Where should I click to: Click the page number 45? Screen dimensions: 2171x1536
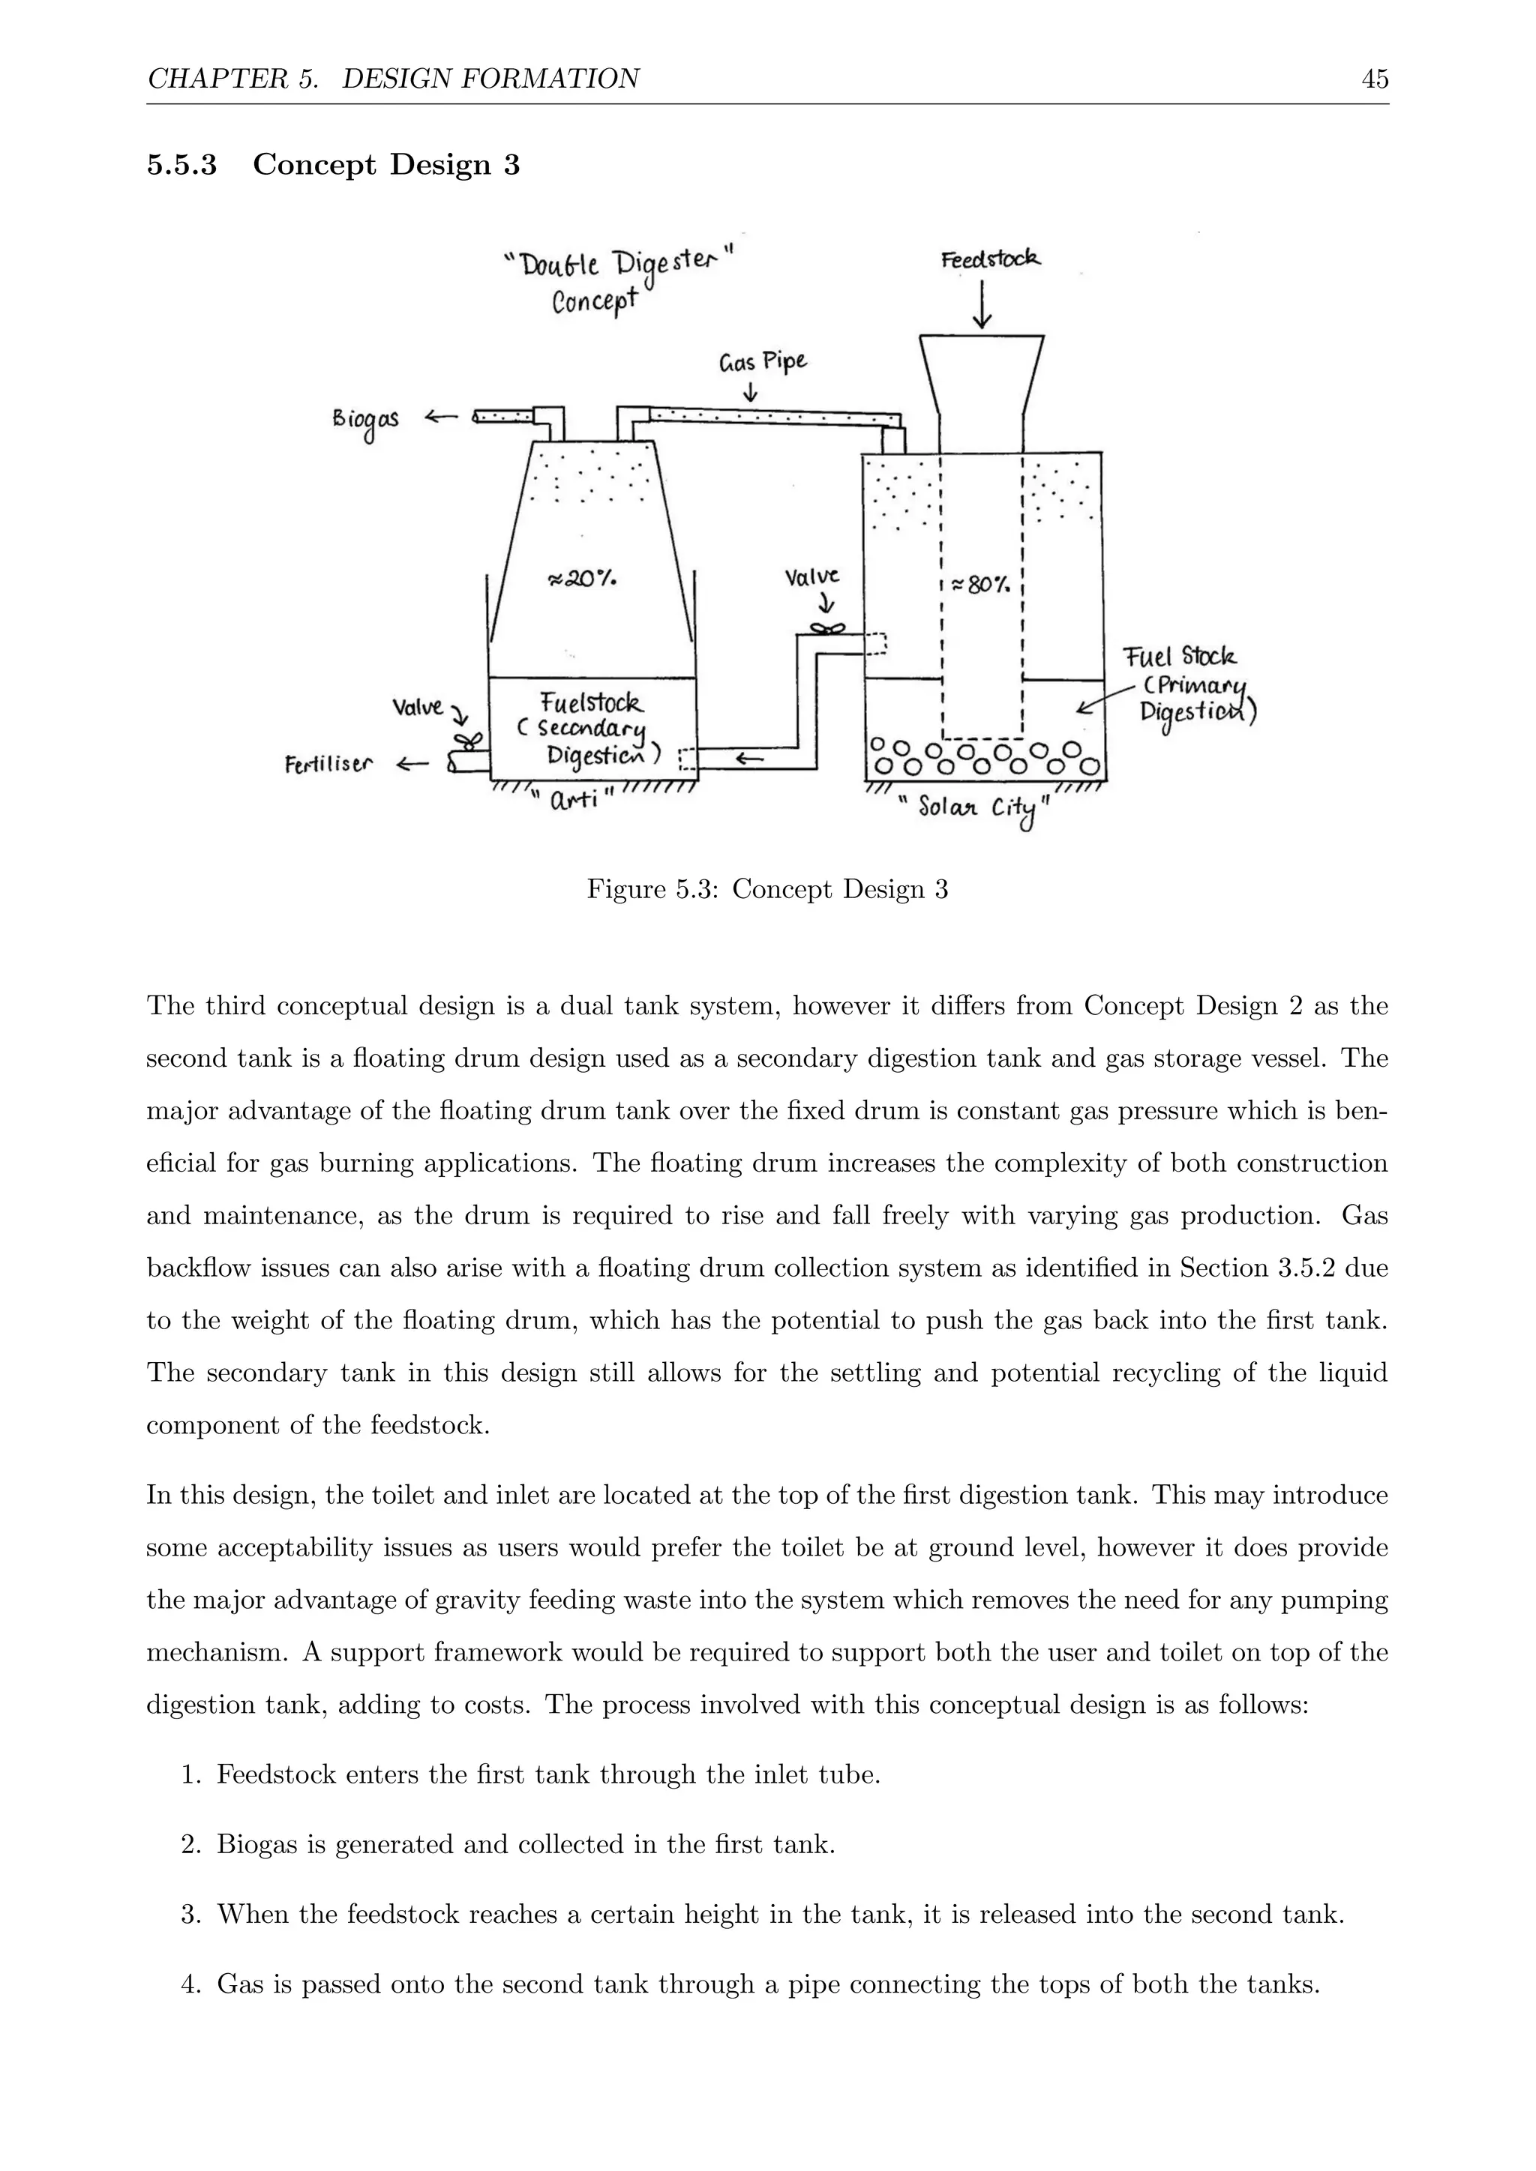pyautogui.click(x=1374, y=79)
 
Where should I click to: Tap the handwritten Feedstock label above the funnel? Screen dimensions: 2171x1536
pyautogui.click(x=990, y=258)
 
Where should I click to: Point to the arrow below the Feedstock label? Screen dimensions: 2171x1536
pyautogui.click(x=982, y=304)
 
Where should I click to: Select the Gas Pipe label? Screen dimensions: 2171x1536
pyautogui.click(x=763, y=362)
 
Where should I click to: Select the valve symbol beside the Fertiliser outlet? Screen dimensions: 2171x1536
pyautogui.click(x=466, y=741)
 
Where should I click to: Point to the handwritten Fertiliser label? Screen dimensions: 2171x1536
pyautogui.click(x=328, y=764)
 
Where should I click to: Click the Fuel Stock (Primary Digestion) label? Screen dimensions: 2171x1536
pyautogui.click(x=1189, y=684)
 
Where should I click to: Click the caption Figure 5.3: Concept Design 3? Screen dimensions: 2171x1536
pyautogui.click(x=767, y=890)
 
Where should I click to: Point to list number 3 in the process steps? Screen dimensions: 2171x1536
pyautogui.click(x=190, y=1915)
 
